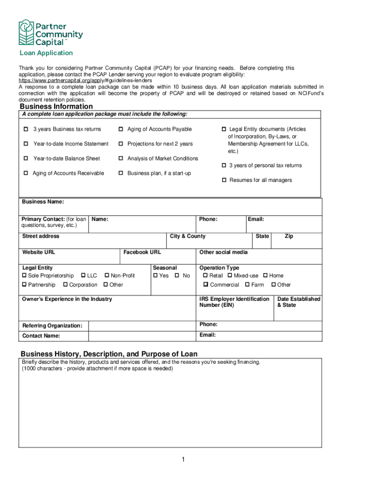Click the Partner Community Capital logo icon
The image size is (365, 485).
click(26, 32)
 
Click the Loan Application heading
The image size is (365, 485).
click(46, 53)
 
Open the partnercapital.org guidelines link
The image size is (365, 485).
click(85, 81)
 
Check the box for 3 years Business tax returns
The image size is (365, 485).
click(26, 129)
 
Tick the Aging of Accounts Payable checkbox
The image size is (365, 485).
click(121, 129)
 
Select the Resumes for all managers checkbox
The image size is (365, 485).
click(224, 180)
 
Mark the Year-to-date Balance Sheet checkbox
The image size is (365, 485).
click(26, 159)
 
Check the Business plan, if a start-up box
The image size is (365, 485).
click(121, 173)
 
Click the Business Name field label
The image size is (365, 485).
click(43, 202)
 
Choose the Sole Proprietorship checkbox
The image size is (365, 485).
click(25, 276)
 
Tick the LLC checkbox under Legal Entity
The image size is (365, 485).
click(83, 276)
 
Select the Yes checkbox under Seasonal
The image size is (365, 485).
click(155, 276)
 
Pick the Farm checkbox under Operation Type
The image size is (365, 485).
click(247, 285)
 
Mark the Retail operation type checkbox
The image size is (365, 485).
click(205, 276)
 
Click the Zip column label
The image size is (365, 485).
click(289, 236)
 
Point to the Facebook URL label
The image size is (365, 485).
click(142, 252)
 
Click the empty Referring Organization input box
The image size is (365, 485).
click(142, 326)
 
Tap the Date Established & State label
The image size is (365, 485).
click(299, 302)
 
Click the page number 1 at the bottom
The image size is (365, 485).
click(182, 460)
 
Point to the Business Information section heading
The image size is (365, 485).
click(56, 107)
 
